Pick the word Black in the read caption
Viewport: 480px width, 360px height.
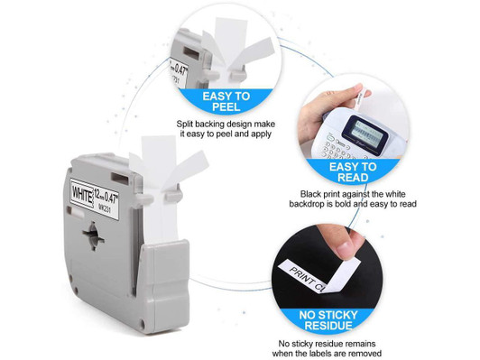click(315, 193)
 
